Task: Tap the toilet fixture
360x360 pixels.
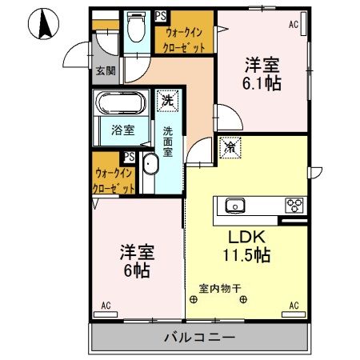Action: point(135,30)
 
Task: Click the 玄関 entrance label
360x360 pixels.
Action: point(105,71)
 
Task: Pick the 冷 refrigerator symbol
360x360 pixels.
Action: point(229,147)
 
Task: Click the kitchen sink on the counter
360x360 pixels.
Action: point(237,204)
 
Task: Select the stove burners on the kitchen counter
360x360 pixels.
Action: point(293,204)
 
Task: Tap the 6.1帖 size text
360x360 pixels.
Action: point(262,82)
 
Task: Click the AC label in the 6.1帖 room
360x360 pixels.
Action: point(293,26)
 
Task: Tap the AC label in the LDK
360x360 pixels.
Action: point(294,306)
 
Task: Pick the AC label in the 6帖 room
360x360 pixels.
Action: point(106,306)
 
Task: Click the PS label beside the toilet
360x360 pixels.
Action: point(162,15)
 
